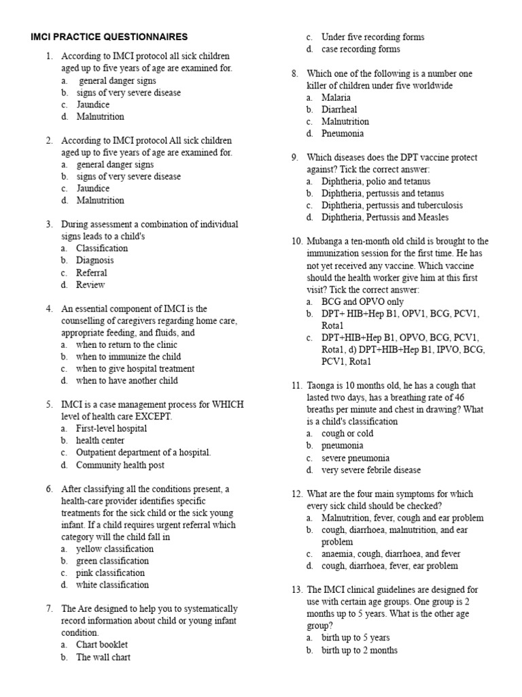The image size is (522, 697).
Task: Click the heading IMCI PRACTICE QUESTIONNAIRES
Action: click(109, 36)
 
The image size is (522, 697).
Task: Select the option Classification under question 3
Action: click(101, 248)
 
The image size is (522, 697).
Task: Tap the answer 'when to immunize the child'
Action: click(128, 357)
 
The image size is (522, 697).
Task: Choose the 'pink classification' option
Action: click(111, 573)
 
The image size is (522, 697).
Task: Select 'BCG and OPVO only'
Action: click(362, 302)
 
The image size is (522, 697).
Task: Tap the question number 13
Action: click(296, 590)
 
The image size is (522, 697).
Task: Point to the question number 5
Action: click(50, 404)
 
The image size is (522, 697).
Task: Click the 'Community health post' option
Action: click(120, 466)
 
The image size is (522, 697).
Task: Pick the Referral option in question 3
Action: click(92, 273)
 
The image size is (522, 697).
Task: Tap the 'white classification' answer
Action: click(112, 585)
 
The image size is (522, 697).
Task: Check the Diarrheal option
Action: click(339, 110)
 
